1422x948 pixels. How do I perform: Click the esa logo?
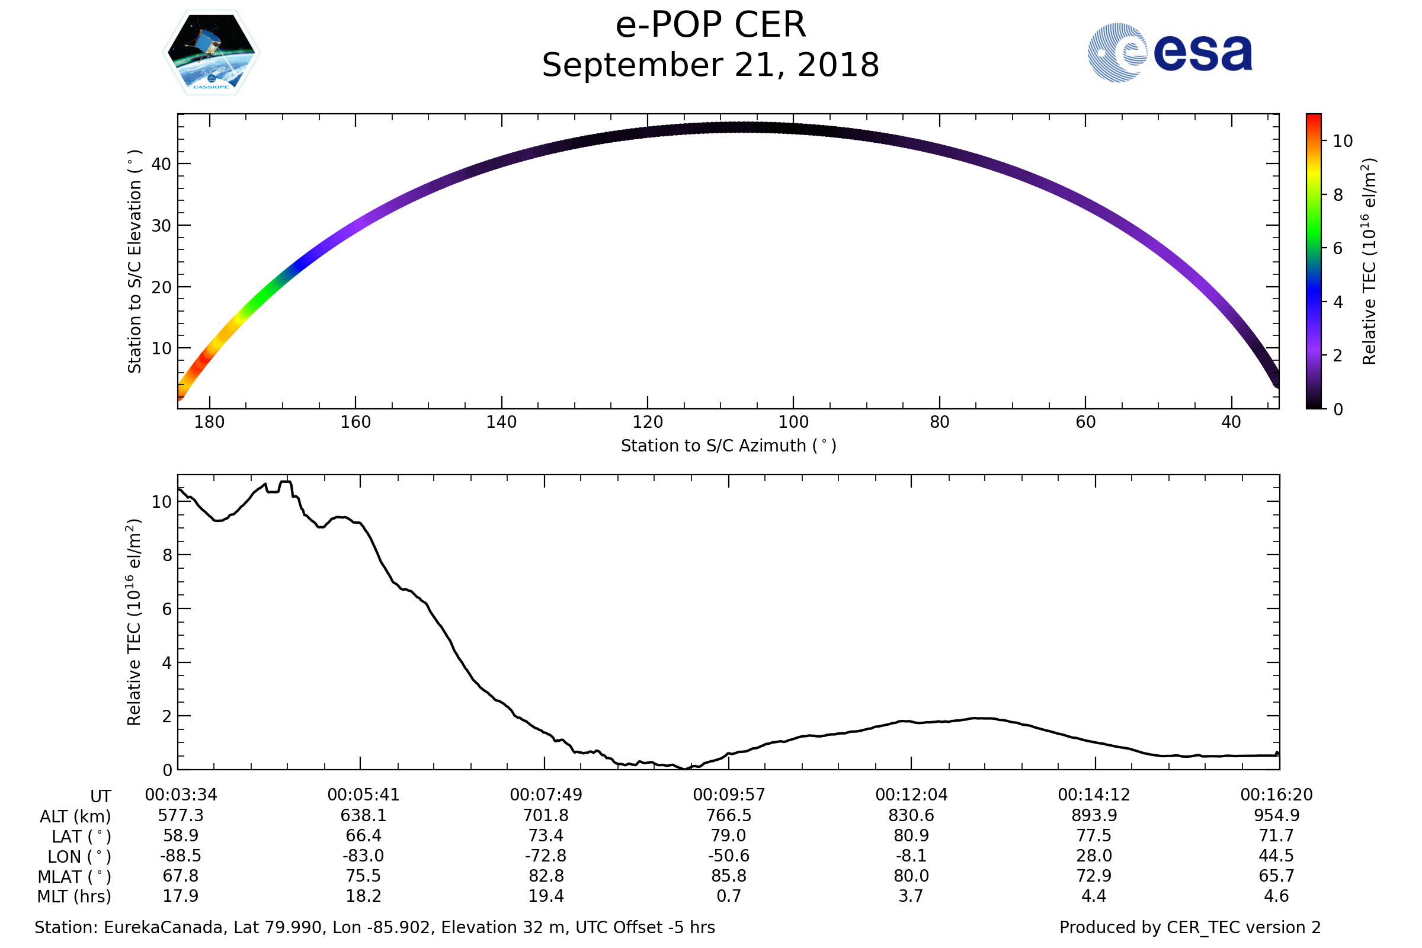click(x=1170, y=53)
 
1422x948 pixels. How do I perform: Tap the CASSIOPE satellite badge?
click(x=212, y=53)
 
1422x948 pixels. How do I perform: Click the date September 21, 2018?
click(x=710, y=65)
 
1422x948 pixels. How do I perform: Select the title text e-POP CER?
click(x=710, y=25)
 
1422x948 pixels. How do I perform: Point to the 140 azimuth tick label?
click(x=501, y=422)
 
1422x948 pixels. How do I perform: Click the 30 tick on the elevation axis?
click(x=161, y=226)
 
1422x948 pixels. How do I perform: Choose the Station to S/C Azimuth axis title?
click(x=729, y=446)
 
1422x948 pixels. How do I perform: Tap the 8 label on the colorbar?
click(x=1338, y=195)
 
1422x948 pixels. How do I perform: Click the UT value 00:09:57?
click(x=729, y=795)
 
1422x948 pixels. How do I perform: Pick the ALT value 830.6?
click(x=911, y=815)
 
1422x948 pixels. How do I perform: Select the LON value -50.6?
click(x=729, y=856)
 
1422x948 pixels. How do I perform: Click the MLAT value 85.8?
click(x=729, y=876)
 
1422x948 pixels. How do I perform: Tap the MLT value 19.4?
click(x=546, y=895)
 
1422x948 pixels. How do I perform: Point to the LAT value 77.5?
click(x=1094, y=835)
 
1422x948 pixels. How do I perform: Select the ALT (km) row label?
click(x=76, y=816)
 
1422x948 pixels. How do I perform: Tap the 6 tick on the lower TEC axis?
click(x=168, y=608)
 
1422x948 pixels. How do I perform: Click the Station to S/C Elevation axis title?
click(x=135, y=261)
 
